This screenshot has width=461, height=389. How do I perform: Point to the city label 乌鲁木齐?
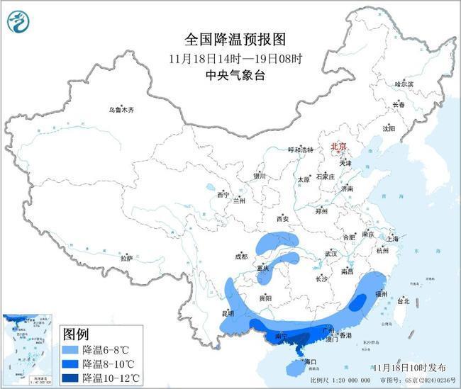tap(121, 110)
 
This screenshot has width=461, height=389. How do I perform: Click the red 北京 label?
tap(340, 147)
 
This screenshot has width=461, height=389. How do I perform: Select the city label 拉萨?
tap(126, 259)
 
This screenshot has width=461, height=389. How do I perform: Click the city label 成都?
tap(243, 257)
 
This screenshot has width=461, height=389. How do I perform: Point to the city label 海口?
tap(309, 362)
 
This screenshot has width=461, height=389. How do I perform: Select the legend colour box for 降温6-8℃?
tap(70, 350)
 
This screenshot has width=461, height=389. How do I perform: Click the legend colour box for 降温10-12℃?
tap(70, 378)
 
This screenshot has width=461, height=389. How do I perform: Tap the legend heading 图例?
tap(76, 333)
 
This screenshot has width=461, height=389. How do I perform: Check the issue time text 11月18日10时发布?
tap(409, 367)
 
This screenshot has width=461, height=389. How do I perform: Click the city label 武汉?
tap(331, 253)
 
